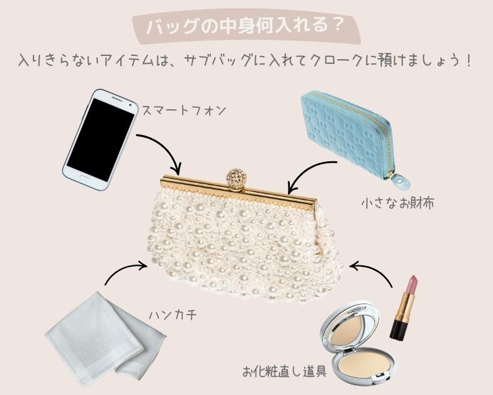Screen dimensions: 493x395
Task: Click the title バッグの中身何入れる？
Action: point(245,26)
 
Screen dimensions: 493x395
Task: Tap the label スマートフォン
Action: point(184,111)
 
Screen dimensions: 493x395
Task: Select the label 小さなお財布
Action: point(398,203)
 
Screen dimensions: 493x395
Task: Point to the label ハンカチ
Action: point(173,314)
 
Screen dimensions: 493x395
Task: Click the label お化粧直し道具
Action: point(284,371)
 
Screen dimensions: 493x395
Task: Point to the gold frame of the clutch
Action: point(239,191)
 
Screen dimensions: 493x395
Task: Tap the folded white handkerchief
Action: point(106,340)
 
